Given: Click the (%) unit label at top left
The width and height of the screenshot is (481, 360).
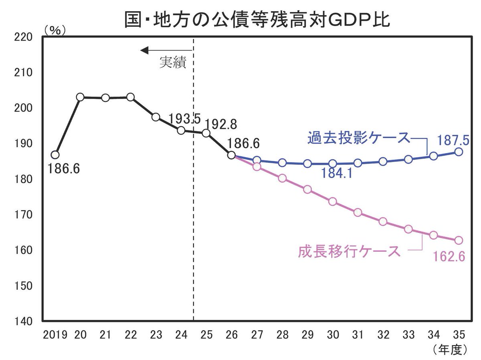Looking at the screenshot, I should click(x=55, y=30).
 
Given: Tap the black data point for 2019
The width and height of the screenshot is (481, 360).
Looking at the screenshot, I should click(x=55, y=155).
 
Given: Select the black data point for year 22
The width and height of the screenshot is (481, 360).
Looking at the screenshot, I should click(x=130, y=97).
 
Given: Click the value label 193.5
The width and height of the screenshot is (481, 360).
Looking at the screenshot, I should click(x=185, y=119).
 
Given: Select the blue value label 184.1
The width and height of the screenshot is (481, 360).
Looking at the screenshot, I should click(x=337, y=174).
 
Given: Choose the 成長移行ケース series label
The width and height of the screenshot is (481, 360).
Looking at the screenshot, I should click(x=349, y=251).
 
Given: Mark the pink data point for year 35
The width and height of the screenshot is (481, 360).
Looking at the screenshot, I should click(x=459, y=241).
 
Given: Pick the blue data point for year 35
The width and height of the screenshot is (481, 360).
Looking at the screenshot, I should click(x=459, y=152).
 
